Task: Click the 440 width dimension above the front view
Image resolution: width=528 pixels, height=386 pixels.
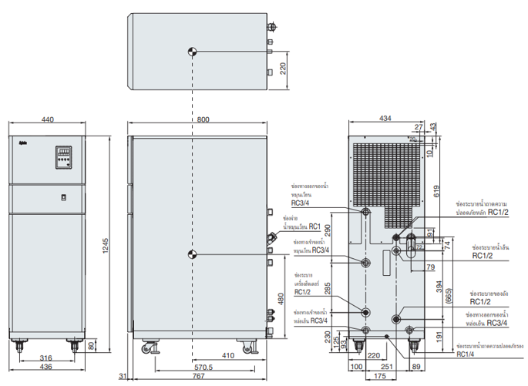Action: (x=47, y=119)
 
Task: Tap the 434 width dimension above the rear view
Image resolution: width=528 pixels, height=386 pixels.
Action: (x=388, y=119)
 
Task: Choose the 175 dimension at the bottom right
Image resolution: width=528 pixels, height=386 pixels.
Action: (x=380, y=378)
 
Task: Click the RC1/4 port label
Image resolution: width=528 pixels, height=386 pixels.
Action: (x=465, y=354)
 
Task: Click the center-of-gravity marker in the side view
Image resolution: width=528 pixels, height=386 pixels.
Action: (x=193, y=254)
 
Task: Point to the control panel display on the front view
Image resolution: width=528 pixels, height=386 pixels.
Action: (x=63, y=158)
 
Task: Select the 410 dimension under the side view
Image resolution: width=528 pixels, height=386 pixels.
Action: (x=228, y=356)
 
